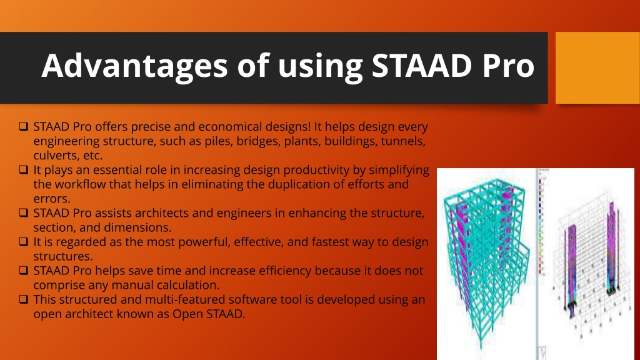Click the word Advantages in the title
point(134,66)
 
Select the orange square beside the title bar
point(597,67)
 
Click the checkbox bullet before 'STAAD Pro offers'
point(24,126)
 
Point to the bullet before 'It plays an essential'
point(24,169)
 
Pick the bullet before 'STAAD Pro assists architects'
point(24,212)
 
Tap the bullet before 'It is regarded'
point(24,242)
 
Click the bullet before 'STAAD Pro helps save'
point(24,270)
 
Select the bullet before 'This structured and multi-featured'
point(24,299)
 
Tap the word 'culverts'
point(56,156)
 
